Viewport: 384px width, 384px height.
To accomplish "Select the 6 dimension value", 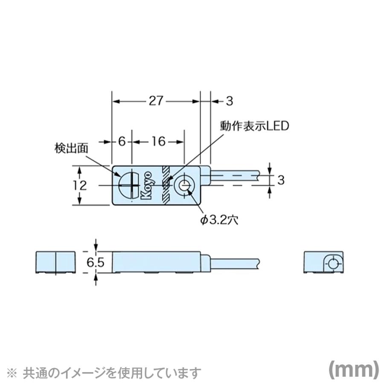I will point(122,141).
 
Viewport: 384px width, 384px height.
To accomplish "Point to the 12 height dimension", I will point(80,185).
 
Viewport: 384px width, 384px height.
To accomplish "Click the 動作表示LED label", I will point(254,126).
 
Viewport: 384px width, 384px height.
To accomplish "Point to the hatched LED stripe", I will point(166,185).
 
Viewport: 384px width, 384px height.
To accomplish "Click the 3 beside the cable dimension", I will point(280,180).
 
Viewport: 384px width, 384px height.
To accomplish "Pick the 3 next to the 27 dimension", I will point(229,102).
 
